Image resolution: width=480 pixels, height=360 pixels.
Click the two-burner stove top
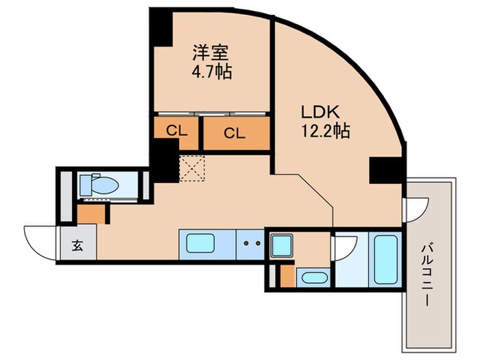(251, 243)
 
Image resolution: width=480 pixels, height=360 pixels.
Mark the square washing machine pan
(281, 245)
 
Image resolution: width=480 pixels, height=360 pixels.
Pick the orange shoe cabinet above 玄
(92, 214)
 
